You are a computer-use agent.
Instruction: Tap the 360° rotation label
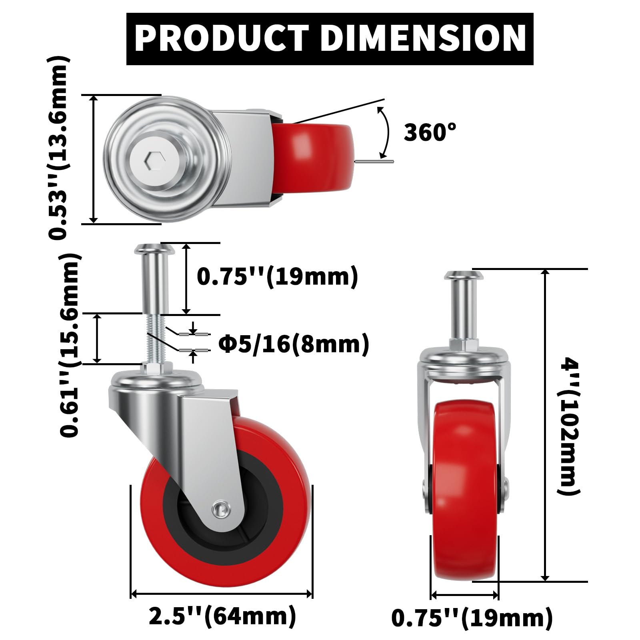430,132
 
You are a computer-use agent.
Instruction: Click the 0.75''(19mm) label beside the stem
277,276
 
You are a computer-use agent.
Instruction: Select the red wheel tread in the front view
465,520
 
